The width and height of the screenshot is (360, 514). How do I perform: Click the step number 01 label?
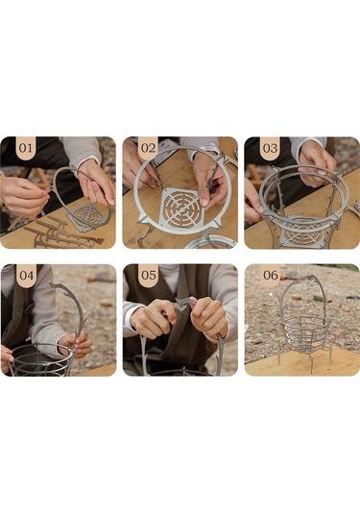click(x=26, y=148)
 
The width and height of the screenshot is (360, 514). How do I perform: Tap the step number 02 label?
click(x=148, y=148)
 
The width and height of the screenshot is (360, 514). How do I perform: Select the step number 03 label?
click(x=271, y=148)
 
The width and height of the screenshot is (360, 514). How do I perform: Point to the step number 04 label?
click(x=26, y=276)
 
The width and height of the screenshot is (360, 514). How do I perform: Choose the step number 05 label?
click(x=149, y=276)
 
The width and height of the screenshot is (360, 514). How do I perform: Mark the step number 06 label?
click(x=271, y=276)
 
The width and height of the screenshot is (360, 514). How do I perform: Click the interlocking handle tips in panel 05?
click(x=182, y=303)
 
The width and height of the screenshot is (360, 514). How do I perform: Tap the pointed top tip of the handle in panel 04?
click(x=53, y=283)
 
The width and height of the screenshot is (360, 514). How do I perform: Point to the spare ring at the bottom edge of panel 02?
click(x=209, y=242)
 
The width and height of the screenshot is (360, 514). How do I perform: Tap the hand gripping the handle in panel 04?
click(x=76, y=344)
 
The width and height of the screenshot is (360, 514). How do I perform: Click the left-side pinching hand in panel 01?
click(x=23, y=197)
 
